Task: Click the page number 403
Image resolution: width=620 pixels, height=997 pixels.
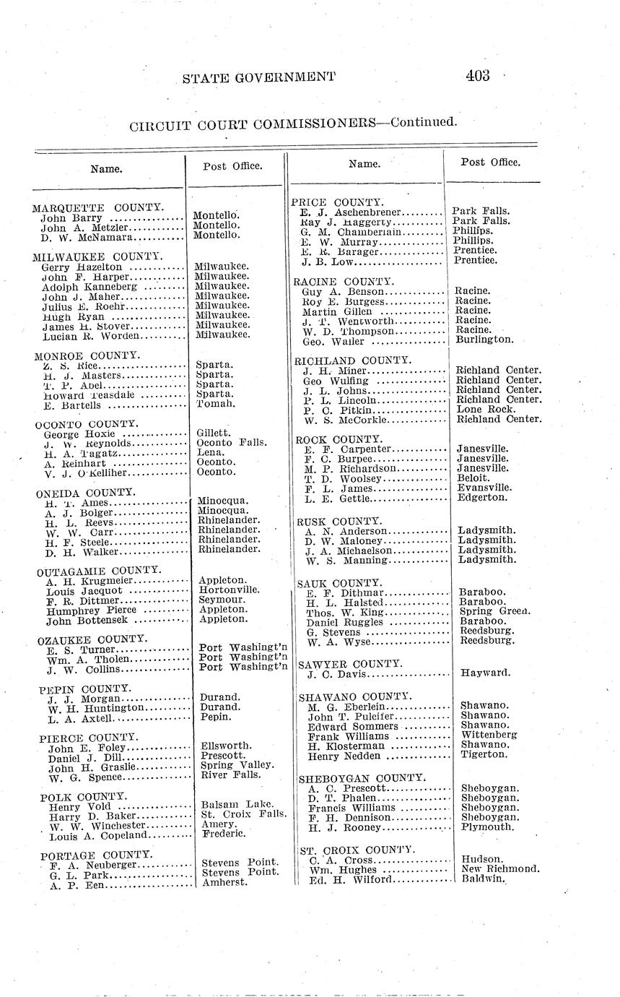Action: pyautogui.click(x=478, y=76)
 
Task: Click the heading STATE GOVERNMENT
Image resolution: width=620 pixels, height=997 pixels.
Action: pyautogui.click(x=259, y=77)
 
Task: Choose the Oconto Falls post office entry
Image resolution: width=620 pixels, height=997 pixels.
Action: pyautogui.click(x=231, y=443)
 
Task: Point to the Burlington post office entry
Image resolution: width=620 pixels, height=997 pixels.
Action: pyautogui.click(x=484, y=339)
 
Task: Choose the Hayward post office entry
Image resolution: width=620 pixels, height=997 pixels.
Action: pyautogui.click(x=485, y=673)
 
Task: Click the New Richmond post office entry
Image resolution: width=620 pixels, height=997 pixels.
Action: pyautogui.click(x=500, y=869)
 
